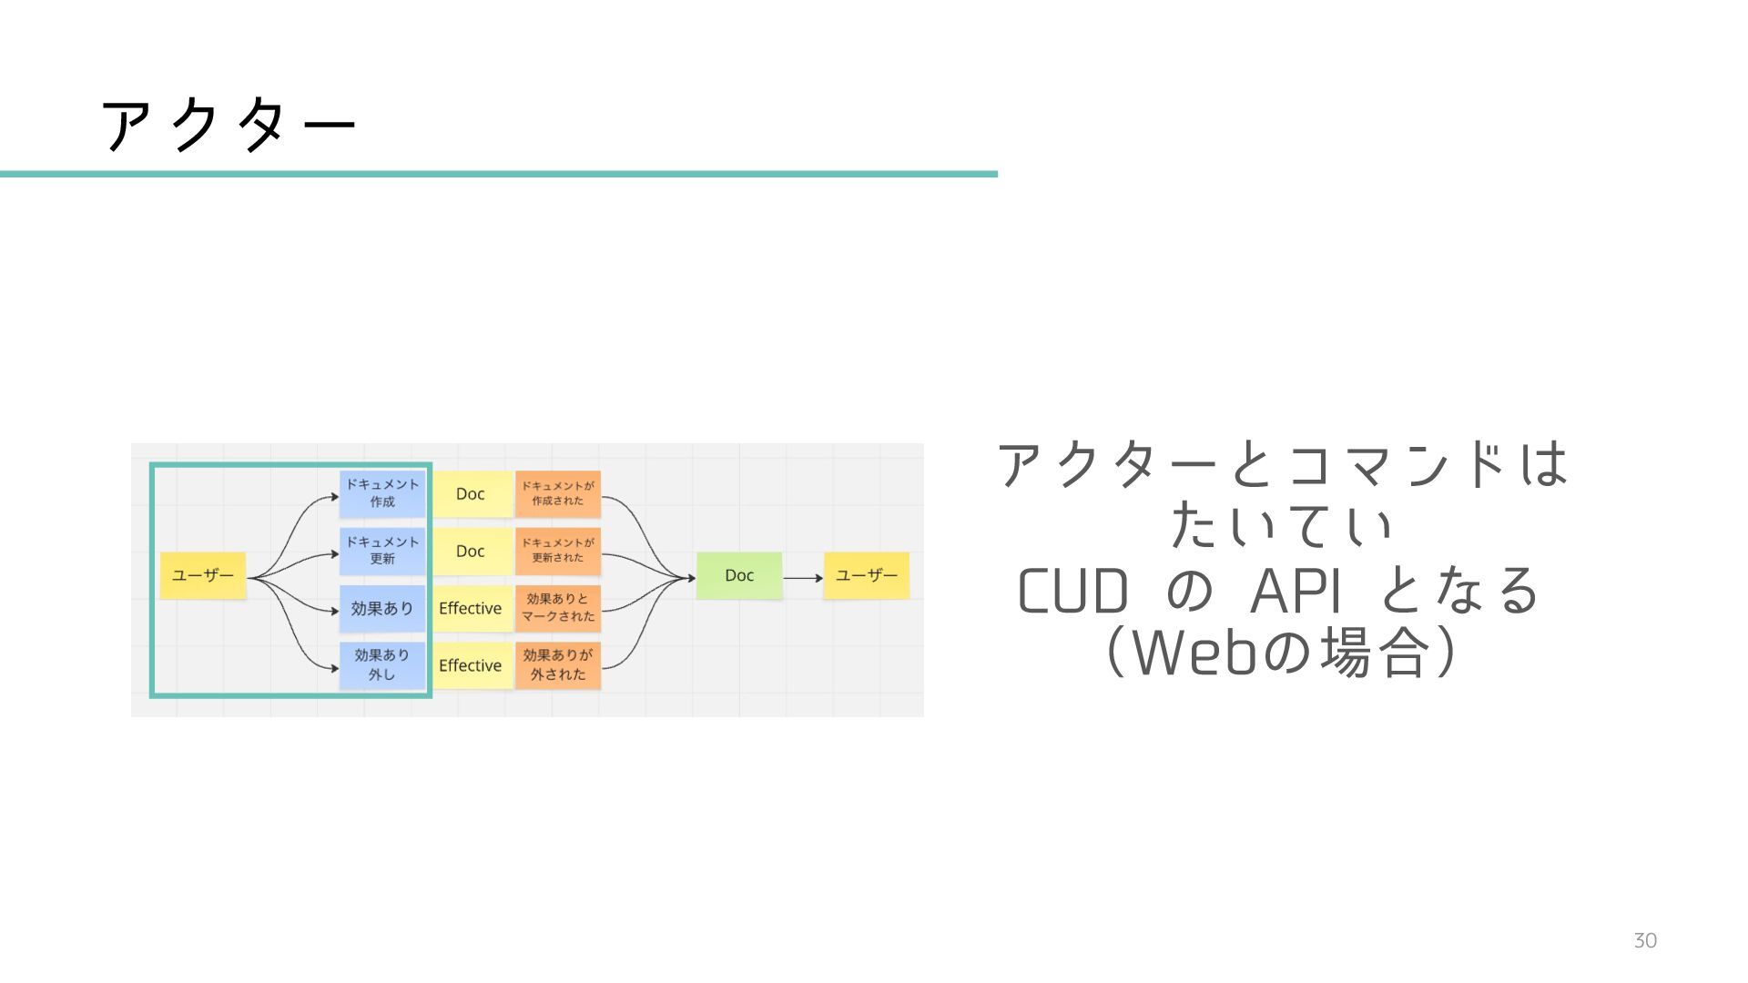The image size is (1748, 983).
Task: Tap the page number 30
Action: click(x=1644, y=941)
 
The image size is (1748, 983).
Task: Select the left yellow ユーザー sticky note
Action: click(x=203, y=575)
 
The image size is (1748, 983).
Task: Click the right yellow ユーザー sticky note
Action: click(x=866, y=575)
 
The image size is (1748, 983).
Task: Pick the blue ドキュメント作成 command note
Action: click(x=382, y=493)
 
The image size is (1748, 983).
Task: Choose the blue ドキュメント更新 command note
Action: click(x=382, y=551)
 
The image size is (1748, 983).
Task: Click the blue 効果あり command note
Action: click(x=382, y=608)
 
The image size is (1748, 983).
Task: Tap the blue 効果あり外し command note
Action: click(x=382, y=665)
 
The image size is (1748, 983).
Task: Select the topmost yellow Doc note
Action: click(x=471, y=493)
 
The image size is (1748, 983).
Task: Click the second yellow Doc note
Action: click(x=471, y=551)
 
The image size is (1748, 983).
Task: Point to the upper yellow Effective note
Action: click(x=471, y=608)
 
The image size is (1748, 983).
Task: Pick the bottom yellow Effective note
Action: click(x=471, y=665)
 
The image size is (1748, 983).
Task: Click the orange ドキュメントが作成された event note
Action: click(x=558, y=493)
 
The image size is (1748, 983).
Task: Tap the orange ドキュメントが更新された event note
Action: click(x=558, y=551)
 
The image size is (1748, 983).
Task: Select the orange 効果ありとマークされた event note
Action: click(x=558, y=608)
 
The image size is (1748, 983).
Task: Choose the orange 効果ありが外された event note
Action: click(x=558, y=665)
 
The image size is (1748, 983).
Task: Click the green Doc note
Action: click(x=739, y=575)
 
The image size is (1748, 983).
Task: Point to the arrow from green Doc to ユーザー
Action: click(x=803, y=578)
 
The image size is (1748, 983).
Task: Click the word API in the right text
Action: click(x=1296, y=592)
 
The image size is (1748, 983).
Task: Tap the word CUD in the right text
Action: click(x=1072, y=592)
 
